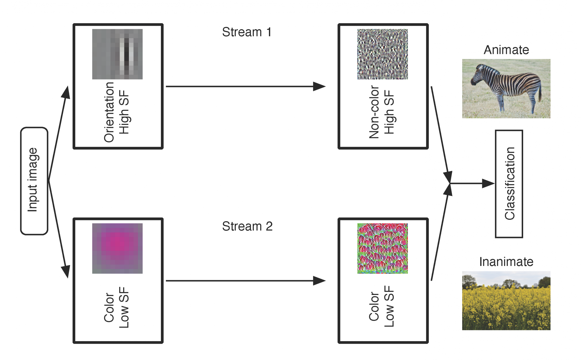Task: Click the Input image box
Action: [x=34, y=181]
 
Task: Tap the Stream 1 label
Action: [x=247, y=32]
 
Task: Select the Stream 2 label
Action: [x=247, y=226]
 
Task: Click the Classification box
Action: [x=509, y=184]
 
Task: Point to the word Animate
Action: [x=506, y=50]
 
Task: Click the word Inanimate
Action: [x=506, y=262]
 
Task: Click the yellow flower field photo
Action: [x=506, y=300]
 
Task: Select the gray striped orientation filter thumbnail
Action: [x=117, y=54]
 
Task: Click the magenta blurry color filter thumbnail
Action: [x=117, y=248]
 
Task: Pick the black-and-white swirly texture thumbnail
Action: [x=382, y=54]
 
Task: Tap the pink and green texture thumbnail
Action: [x=382, y=248]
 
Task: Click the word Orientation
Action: [x=109, y=112]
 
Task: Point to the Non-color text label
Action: [x=374, y=112]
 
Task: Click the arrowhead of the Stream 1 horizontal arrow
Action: [x=320, y=86]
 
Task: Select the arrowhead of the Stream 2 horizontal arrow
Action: [x=320, y=280]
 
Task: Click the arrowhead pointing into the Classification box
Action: [x=488, y=183]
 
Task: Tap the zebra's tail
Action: [x=540, y=93]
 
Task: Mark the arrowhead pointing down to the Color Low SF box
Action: [x=66, y=271]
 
